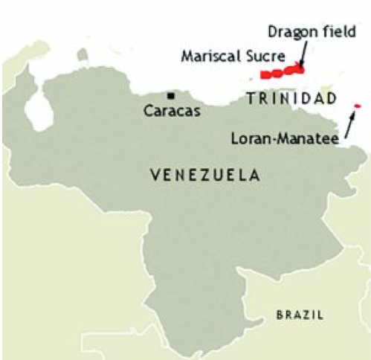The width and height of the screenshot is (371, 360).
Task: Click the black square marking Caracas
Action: click(x=172, y=95)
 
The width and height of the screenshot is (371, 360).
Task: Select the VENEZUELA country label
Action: click(x=204, y=176)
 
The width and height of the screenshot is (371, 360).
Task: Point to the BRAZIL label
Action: click(x=300, y=315)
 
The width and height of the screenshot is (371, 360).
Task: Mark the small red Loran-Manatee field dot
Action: click(x=358, y=106)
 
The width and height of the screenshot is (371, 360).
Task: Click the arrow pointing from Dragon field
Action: click(x=306, y=53)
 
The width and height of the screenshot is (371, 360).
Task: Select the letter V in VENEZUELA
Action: click(x=153, y=176)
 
